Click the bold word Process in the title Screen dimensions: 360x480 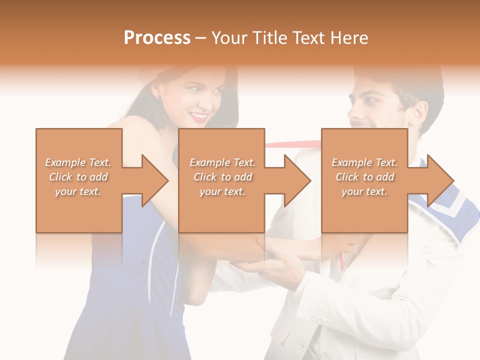point(157,38)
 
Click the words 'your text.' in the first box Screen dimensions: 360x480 point(78,191)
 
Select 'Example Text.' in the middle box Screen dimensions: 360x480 point(222,162)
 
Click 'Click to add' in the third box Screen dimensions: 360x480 point(365,177)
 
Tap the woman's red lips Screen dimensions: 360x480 point(199,116)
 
